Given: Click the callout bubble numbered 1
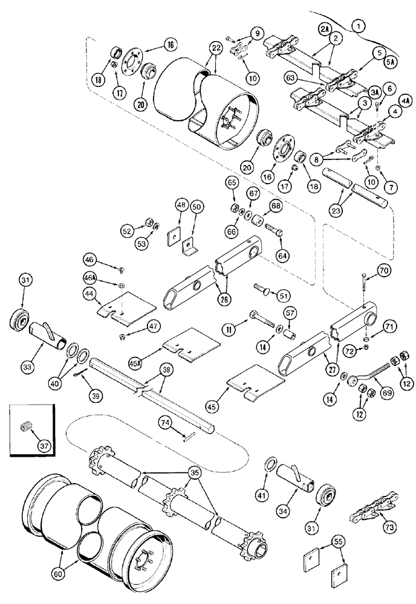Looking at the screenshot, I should click(360, 25).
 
